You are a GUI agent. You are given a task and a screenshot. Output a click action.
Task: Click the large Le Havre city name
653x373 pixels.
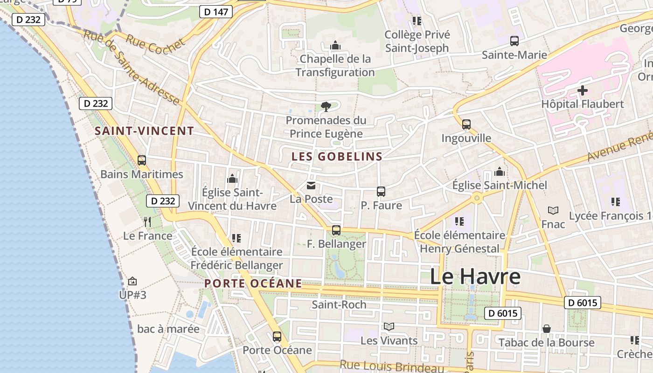pyautogui.click(x=475, y=276)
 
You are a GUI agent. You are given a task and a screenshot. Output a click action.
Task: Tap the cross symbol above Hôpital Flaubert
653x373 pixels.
pyautogui.click(x=582, y=90)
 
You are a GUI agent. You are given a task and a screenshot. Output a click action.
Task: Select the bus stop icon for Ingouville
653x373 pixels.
pyautogui.click(x=466, y=124)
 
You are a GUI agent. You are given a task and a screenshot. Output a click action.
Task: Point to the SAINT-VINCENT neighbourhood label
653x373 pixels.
pyautogui.click(x=144, y=131)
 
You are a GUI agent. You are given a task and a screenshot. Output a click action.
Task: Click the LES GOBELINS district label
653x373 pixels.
pyautogui.click(x=337, y=157)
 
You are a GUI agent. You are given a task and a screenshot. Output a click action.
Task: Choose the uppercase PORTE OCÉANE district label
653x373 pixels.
pyautogui.click(x=253, y=283)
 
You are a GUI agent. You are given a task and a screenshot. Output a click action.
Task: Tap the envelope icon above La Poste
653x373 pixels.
pyautogui.click(x=311, y=186)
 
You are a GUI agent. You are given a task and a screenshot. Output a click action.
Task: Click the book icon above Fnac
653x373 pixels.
pyautogui.click(x=553, y=211)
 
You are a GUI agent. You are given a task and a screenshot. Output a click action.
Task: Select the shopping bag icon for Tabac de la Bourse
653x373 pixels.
pyautogui.click(x=546, y=329)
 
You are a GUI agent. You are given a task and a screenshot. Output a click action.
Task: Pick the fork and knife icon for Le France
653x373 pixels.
pyautogui.click(x=147, y=221)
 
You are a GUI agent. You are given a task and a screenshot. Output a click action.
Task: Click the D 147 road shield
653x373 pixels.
pyautogui.click(x=216, y=12)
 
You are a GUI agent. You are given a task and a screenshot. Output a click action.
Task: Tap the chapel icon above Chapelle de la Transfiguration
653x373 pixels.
pyautogui.click(x=335, y=46)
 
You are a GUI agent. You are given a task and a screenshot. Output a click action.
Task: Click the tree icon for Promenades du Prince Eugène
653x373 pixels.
pyautogui.click(x=326, y=107)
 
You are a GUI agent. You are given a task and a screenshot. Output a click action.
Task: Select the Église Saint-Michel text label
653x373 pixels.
pyautogui.click(x=500, y=186)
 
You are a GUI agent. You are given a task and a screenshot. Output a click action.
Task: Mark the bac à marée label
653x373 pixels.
pyautogui.click(x=168, y=329)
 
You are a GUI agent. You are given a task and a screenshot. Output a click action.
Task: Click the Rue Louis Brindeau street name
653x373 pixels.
pyautogui.click(x=391, y=367)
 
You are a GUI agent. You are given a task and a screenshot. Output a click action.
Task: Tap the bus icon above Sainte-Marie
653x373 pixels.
pyautogui.click(x=514, y=41)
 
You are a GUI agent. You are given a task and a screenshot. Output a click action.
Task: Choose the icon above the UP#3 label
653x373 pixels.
pyautogui.click(x=132, y=281)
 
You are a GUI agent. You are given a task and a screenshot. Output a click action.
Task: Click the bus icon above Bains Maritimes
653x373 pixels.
pyautogui.click(x=142, y=160)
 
